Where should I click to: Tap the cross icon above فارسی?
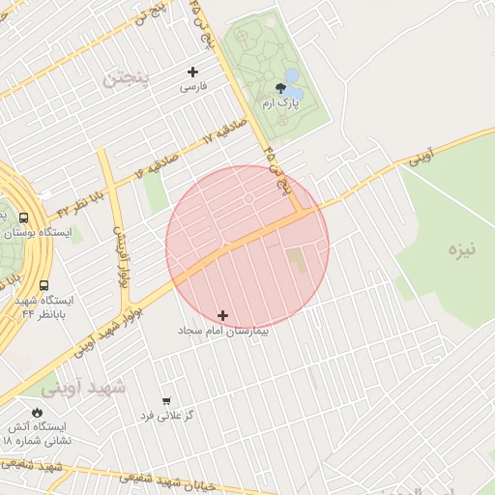[x=192, y=72]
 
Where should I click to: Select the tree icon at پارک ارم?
[x=280, y=88]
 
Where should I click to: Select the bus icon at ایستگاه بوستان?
[x=22, y=218]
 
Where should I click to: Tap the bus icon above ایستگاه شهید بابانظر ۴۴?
[x=44, y=285]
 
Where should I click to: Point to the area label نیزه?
[x=462, y=250]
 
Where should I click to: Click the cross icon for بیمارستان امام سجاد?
[x=223, y=315]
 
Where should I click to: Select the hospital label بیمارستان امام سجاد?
[x=223, y=330]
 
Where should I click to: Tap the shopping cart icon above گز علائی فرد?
[x=166, y=400]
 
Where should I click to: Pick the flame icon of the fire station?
[x=36, y=412]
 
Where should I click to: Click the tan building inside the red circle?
[x=296, y=259]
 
